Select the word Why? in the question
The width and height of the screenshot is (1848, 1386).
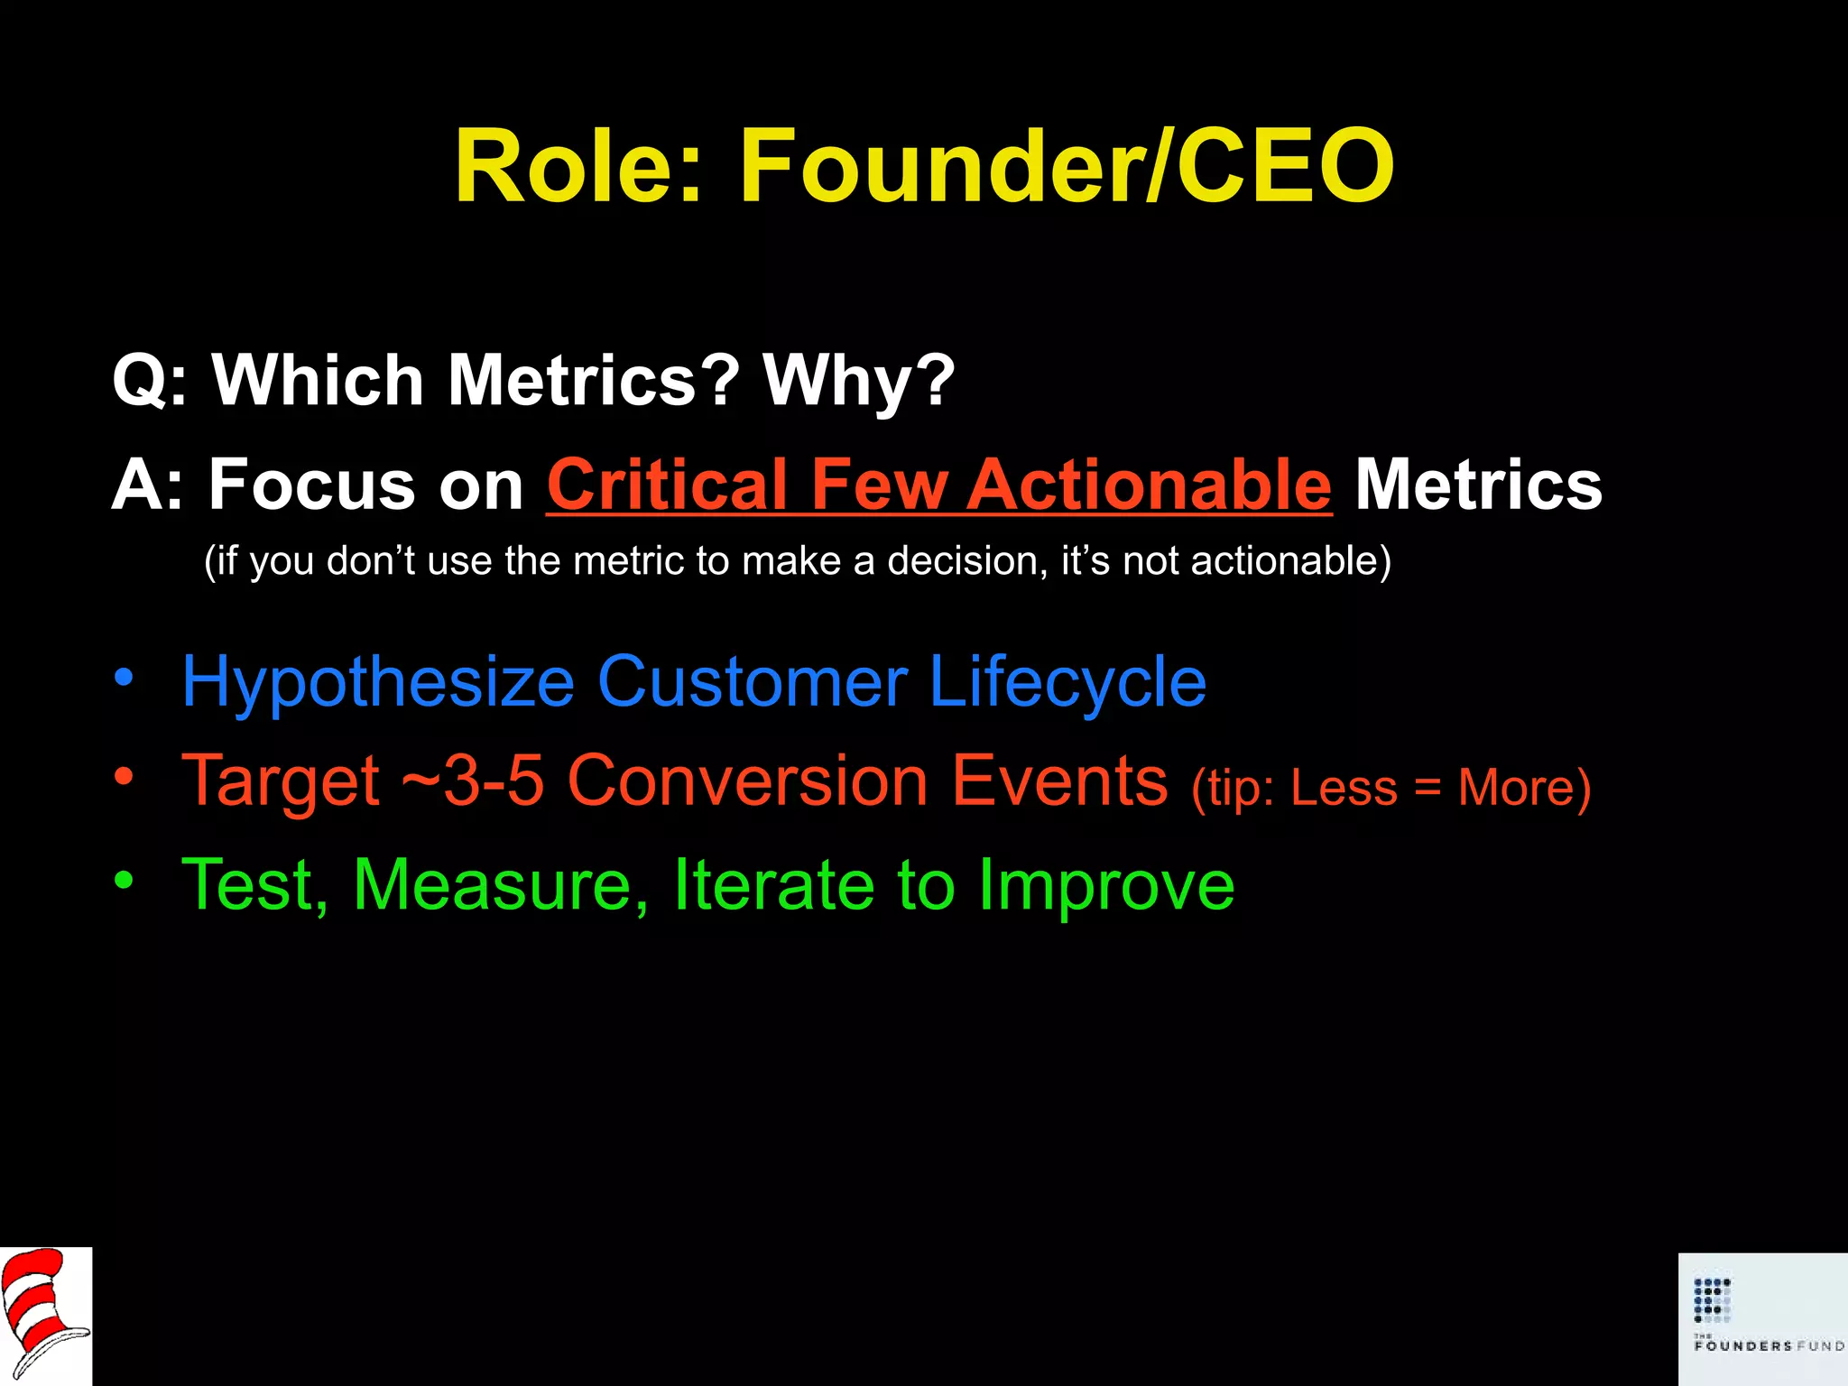click(858, 380)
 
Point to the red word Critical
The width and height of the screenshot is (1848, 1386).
click(667, 485)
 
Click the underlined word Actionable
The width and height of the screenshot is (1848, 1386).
click(1150, 485)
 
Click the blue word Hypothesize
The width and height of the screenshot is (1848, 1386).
click(378, 682)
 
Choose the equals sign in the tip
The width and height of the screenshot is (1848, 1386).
click(1428, 789)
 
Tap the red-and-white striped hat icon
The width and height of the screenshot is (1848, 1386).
click(45, 1316)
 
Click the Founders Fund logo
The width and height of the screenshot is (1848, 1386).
click(1762, 1318)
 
